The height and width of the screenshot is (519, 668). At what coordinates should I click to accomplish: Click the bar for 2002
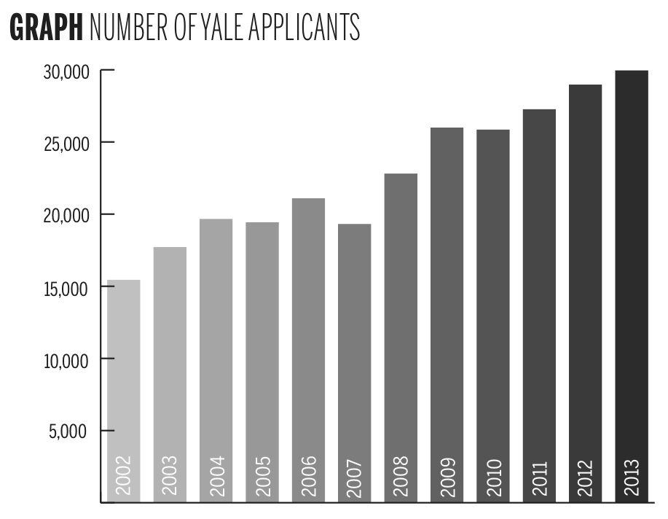[124, 379]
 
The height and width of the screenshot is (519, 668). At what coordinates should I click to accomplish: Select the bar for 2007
[354, 350]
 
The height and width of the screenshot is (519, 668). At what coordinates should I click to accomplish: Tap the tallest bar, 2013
[631, 277]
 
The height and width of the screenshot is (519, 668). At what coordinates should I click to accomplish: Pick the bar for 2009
[447, 306]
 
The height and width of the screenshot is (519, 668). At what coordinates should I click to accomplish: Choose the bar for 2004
[216, 350]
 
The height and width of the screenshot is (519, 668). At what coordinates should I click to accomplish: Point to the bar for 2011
[539, 292]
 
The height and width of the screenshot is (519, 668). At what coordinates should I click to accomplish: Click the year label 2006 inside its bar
[308, 476]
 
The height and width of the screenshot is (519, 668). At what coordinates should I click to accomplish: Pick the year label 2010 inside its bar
[493, 476]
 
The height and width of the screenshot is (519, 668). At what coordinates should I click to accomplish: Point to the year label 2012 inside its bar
[586, 476]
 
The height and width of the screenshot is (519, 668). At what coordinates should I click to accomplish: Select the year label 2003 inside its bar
[170, 476]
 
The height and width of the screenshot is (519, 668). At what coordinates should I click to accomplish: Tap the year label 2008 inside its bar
[401, 476]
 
